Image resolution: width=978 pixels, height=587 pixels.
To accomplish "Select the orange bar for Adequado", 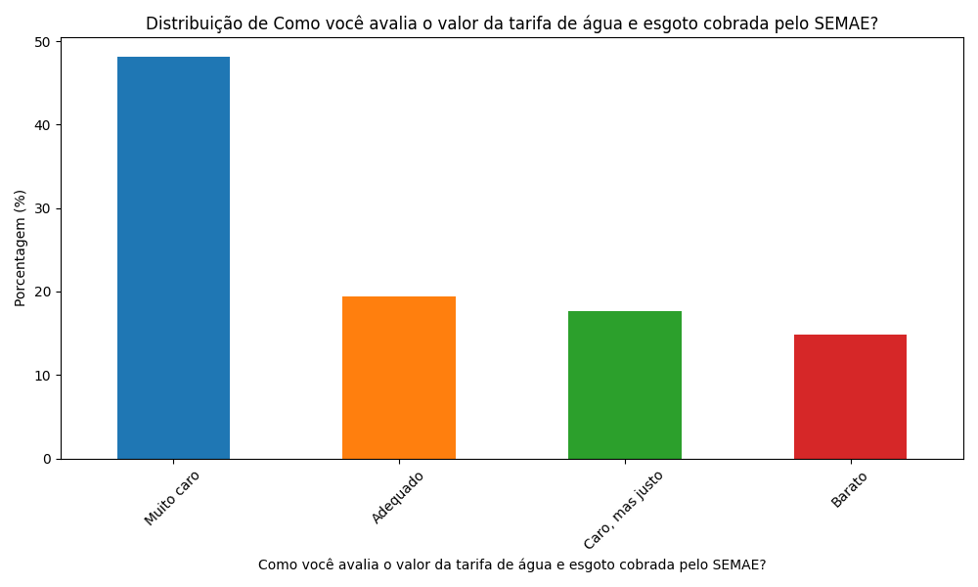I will pyautogui.click(x=399, y=378).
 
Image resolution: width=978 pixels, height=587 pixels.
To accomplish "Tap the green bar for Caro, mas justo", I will pyautogui.click(x=624, y=384).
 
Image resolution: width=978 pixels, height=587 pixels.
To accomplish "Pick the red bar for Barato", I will pyautogui.click(x=850, y=396).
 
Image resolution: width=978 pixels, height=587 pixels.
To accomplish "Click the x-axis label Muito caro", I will pyautogui.click(x=173, y=497).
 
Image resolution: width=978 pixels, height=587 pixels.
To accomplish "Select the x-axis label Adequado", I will pyautogui.click(x=398, y=496).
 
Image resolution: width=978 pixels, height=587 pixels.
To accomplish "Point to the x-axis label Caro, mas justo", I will pyautogui.click(x=624, y=509).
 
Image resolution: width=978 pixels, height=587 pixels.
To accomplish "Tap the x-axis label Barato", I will pyautogui.click(x=850, y=489).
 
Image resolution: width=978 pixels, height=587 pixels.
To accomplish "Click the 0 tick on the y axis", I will pyautogui.click(x=47, y=459).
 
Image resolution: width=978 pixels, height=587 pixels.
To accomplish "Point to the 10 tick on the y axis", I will pyautogui.click(x=43, y=376).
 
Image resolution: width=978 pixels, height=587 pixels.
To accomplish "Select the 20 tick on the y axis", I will pyautogui.click(x=43, y=292).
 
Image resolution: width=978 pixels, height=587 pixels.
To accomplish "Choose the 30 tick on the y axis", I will pyautogui.click(x=43, y=208).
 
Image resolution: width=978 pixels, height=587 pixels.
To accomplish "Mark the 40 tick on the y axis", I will pyautogui.click(x=43, y=125).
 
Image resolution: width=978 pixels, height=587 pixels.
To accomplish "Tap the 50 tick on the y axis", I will pyautogui.click(x=43, y=42).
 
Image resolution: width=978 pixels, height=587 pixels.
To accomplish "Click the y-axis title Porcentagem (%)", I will pyautogui.click(x=21, y=248).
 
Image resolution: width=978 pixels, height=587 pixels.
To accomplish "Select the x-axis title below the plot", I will pyautogui.click(x=511, y=564).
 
